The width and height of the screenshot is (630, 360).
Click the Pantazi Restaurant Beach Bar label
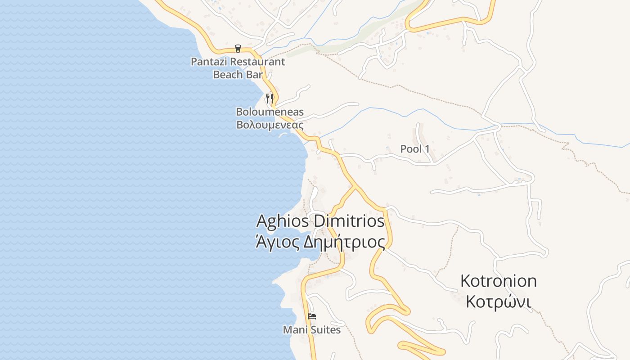pyautogui.click(x=238, y=68)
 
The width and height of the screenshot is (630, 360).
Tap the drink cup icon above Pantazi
pyautogui.click(x=238, y=49)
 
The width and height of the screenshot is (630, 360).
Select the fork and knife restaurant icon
pyautogui.click(x=270, y=98)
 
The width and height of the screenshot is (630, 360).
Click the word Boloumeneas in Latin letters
pyautogui.click(x=270, y=112)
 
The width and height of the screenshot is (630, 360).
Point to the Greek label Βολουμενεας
pyautogui.click(x=270, y=125)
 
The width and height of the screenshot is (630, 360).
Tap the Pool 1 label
pyautogui.click(x=415, y=149)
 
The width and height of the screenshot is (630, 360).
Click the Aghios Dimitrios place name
pyautogui.click(x=320, y=221)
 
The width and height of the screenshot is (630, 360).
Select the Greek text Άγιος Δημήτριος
pyautogui.click(x=320, y=243)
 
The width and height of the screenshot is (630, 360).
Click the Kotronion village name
pyautogui.click(x=498, y=281)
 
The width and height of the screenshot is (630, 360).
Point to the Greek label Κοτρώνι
pyautogui.click(x=498, y=302)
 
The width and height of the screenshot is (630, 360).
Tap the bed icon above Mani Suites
pyautogui.click(x=311, y=316)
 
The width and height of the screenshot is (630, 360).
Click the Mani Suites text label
pyautogui.click(x=311, y=330)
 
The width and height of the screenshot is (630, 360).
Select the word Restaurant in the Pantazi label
pyautogui.click(x=257, y=62)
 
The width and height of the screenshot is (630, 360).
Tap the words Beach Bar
pyautogui.click(x=238, y=74)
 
